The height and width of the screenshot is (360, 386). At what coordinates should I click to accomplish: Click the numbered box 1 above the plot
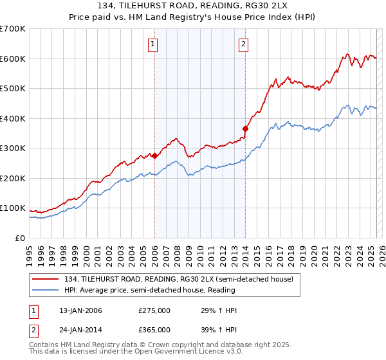(154, 44)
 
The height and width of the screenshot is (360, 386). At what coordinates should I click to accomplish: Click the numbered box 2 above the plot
(244, 44)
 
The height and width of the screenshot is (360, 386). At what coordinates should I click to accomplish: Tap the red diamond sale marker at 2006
(154, 156)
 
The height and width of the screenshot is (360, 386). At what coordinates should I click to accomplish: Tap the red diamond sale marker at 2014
(245, 129)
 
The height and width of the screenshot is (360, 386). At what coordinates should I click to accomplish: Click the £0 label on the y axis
(20, 238)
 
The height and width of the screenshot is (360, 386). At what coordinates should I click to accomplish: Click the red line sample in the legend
(46, 279)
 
